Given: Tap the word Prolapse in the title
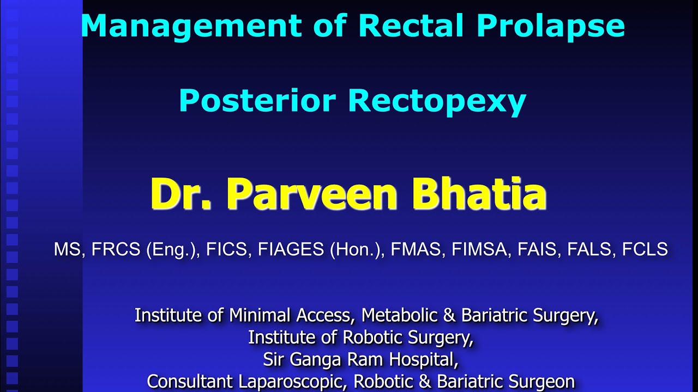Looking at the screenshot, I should [x=550, y=26].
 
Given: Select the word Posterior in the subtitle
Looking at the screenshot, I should [x=257, y=101].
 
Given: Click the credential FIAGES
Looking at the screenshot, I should [x=291, y=249].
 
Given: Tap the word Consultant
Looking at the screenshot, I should [x=190, y=381].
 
